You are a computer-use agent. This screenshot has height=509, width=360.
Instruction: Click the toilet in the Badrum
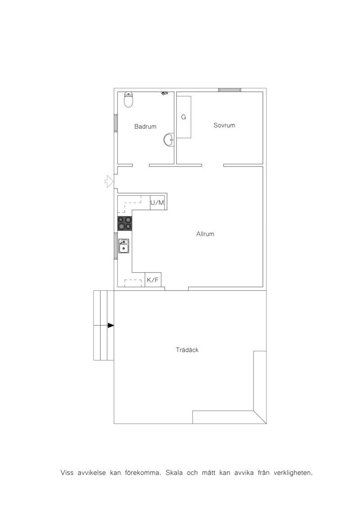(129, 99)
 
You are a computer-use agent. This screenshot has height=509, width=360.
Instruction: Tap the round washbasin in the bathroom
(169, 140)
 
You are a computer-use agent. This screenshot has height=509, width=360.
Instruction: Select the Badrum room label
(145, 126)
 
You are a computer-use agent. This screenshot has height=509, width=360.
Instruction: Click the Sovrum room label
(224, 125)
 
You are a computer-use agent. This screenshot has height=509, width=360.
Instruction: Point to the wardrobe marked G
(184, 117)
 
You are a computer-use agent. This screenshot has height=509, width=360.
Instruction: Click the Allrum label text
(205, 234)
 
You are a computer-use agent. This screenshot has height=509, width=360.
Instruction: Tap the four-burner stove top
(125, 223)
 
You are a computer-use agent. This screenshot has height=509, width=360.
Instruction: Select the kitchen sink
(124, 246)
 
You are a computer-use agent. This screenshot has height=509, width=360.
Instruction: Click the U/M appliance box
(157, 203)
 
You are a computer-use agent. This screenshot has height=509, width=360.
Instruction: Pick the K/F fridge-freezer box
(153, 280)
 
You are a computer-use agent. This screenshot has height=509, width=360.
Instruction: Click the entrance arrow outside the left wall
(109, 181)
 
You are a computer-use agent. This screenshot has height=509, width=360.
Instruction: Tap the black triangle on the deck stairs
(111, 325)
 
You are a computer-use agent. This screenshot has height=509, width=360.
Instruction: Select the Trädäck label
(187, 350)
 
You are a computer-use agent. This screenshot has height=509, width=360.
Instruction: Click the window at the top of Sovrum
(229, 90)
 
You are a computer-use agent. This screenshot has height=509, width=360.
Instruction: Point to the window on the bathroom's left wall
(116, 123)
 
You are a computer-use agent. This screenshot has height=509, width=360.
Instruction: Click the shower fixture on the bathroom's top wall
(165, 94)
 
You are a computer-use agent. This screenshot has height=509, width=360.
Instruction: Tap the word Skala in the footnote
(174, 473)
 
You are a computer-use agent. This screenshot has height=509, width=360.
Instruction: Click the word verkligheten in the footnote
(293, 473)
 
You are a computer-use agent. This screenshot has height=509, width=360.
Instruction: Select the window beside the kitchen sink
(116, 246)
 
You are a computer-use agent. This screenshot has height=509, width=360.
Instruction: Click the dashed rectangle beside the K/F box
(133, 284)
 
